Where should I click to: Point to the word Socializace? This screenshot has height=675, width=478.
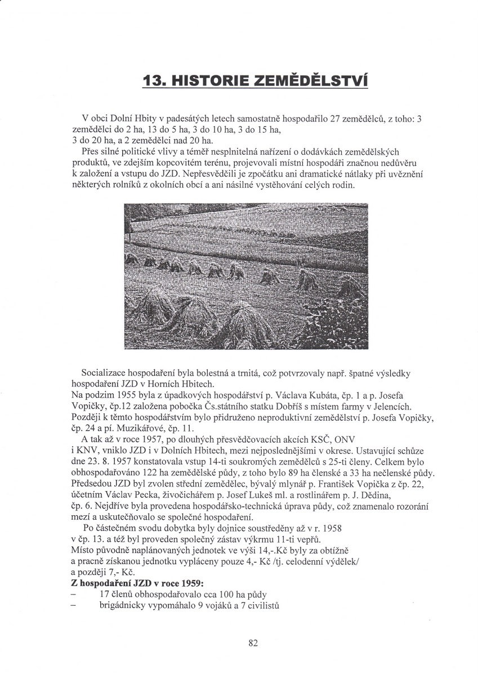104,372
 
